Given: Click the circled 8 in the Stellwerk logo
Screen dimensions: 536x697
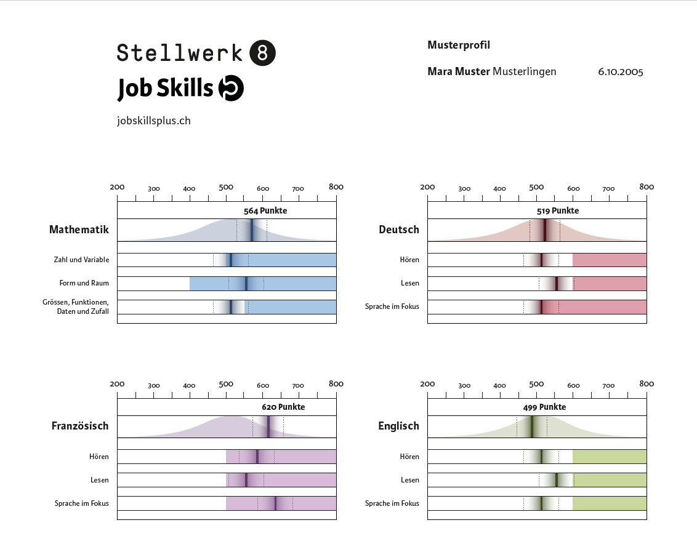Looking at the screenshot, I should coord(262,53).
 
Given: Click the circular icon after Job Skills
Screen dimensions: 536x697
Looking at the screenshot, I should coord(232,89).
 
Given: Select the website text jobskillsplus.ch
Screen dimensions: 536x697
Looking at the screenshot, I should coord(153,121).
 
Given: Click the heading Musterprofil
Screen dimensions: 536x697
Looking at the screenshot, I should coord(458,45).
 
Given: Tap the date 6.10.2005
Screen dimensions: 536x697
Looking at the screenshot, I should coord(620,71).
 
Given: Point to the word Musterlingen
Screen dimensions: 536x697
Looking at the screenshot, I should coord(524,71).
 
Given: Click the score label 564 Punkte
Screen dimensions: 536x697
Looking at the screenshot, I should coord(265,210).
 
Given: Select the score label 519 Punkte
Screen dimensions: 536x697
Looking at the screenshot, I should coord(557,210).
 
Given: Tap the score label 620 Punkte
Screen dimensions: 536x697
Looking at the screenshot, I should coord(283,407).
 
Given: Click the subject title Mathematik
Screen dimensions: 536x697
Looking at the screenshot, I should coord(79,230).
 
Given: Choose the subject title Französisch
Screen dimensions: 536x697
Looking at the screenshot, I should coord(80,426).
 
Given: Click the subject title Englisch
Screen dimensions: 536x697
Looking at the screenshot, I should coord(398,426).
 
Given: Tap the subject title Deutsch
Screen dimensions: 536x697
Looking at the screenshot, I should coord(398,230).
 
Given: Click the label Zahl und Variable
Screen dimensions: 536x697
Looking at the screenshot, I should coord(81,260).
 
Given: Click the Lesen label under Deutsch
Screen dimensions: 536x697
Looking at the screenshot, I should coord(409,283).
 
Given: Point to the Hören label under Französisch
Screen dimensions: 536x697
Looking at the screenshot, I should coord(99,457).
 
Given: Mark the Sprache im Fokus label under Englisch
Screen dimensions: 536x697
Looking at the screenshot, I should coord(392,503).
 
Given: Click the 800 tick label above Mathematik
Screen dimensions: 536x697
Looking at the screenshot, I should coord(336,186).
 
